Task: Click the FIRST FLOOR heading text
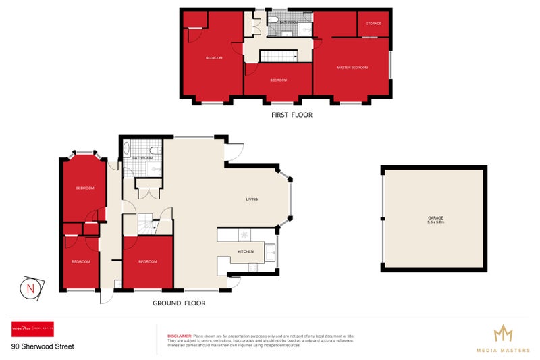292,115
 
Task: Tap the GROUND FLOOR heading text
179,303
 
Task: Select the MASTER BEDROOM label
352,68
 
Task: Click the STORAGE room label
373,24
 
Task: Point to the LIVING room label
252,199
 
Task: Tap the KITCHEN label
245,251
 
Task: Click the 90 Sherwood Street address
43,347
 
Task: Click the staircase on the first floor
279,57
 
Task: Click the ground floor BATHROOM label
142,158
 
